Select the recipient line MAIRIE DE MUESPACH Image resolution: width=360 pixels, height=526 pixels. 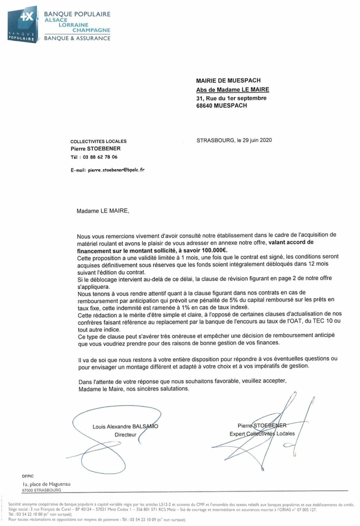228,81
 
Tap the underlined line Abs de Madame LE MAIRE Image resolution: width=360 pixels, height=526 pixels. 232,89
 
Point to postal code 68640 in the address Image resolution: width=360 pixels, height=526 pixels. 204,106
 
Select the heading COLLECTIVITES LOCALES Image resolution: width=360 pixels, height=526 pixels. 98,141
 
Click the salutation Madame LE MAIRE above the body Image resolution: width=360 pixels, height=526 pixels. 103,211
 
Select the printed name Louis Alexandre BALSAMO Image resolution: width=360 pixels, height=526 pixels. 125,427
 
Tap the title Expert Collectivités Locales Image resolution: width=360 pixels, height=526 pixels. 262,434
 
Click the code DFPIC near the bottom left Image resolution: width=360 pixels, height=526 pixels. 28,476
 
